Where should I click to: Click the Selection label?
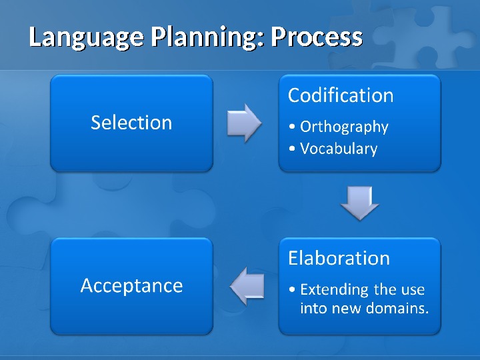click(x=131, y=123)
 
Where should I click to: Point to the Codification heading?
click(x=341, y=96)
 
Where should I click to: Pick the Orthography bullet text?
click(x=344, y=127)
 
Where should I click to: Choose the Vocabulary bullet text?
click(x=339, y=149)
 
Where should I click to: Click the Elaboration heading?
click(x=339, y=258)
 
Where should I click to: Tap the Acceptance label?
click(x=131, y=285)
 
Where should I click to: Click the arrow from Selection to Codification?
click(x=244, y=123)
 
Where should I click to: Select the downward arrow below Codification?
click(x=360, y=203)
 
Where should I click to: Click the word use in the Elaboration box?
click(x=413, y=290)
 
